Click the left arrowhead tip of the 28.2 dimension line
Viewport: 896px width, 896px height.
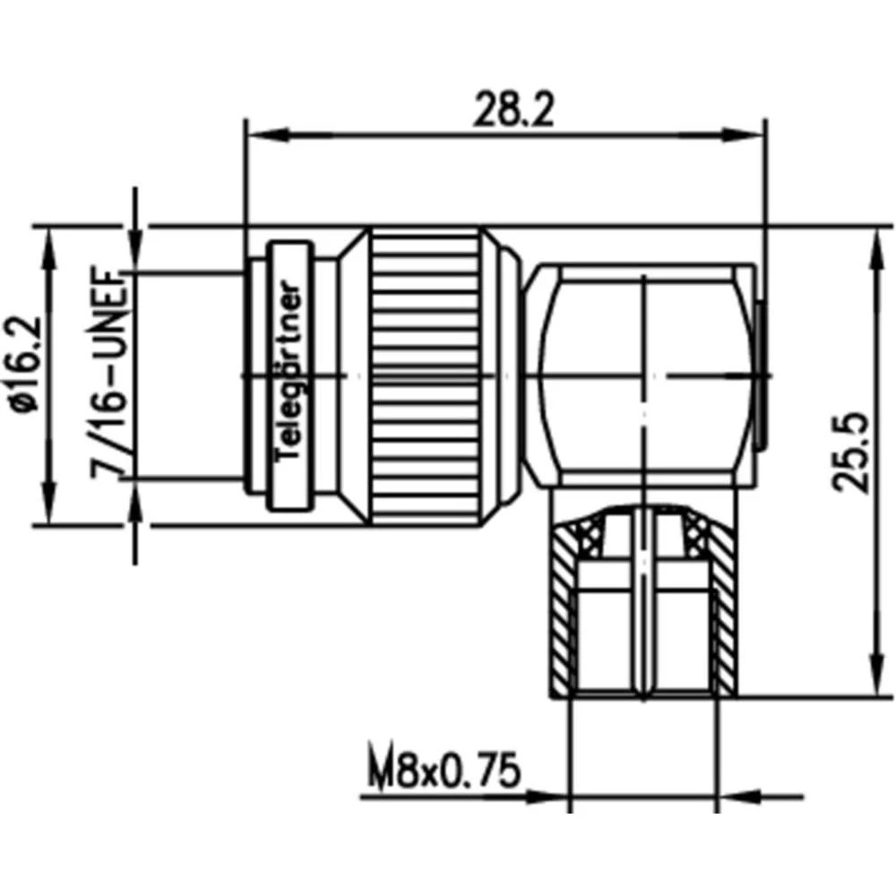click(x=247, y=135)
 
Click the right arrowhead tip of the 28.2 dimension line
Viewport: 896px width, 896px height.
click(x=764, y=135)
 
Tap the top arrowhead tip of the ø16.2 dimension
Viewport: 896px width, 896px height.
click(x=51, y=228)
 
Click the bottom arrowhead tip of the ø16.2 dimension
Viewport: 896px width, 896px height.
click(x=51, y=523)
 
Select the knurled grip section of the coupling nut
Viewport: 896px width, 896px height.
click(x=426, y=376)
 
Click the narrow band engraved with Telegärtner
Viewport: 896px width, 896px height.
click(x=292, y=376)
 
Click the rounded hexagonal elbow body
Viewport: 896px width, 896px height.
click(x=644, y=376)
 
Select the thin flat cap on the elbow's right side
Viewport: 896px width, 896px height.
click(x=761, y=376)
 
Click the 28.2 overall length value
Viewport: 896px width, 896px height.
click(x=513, y=108)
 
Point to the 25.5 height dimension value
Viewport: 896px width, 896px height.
click(x=850, y=452)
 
